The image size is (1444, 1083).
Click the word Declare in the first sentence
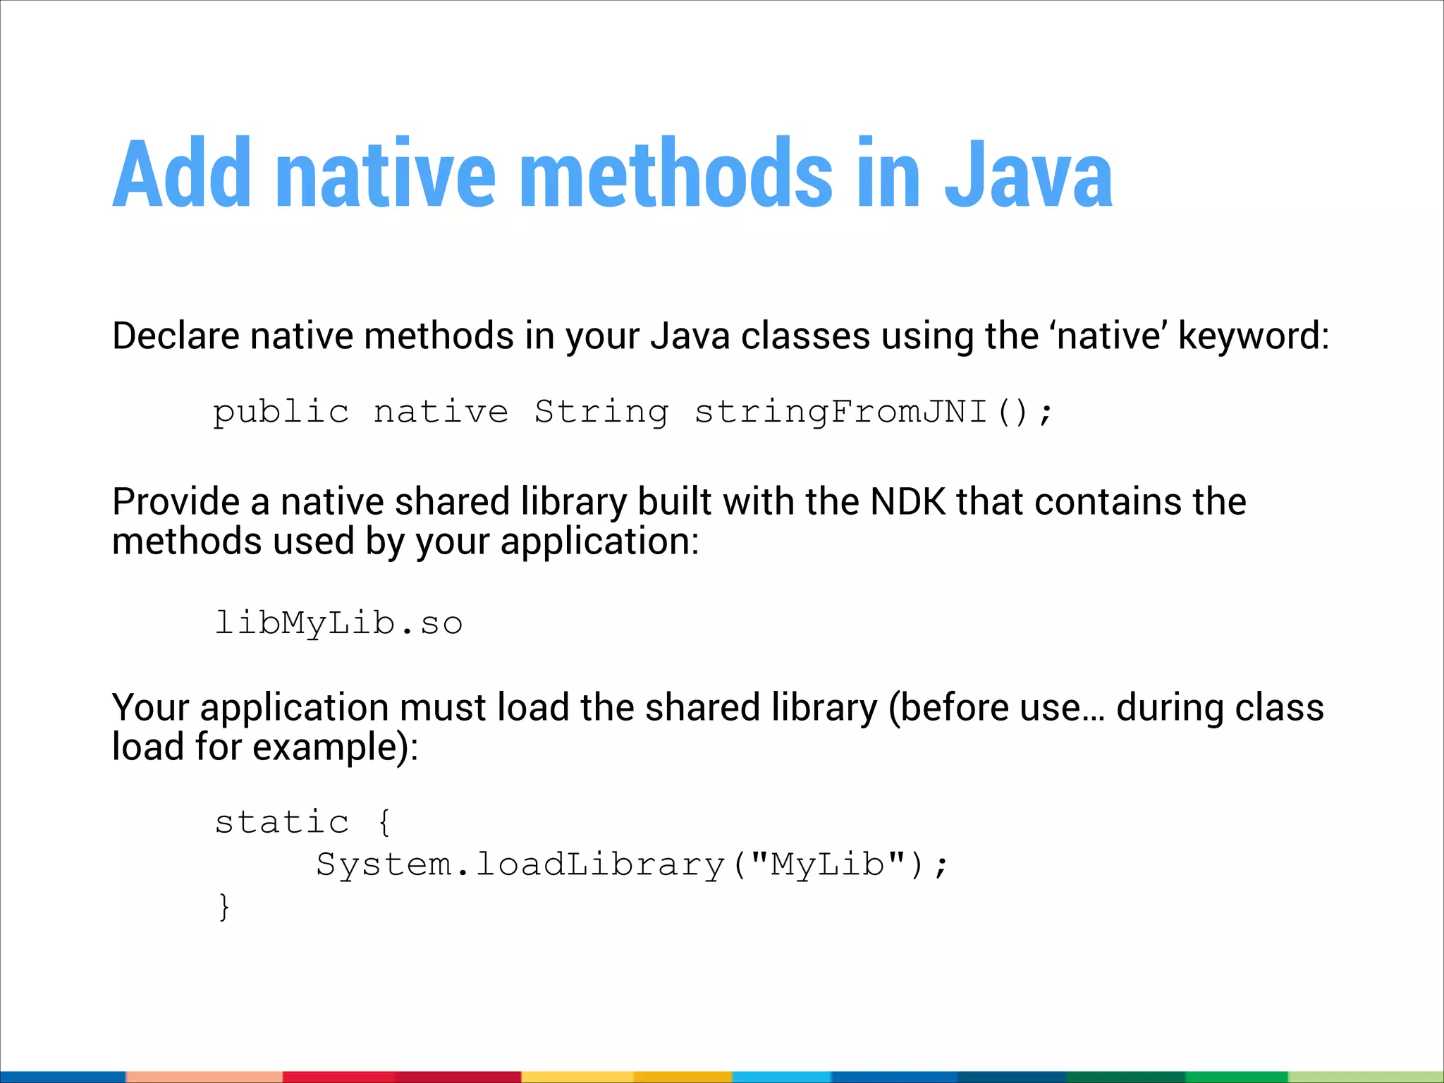tap(176, 336)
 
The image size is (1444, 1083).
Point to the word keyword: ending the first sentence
tap(1253, 337)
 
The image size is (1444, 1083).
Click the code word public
tap(281, 412)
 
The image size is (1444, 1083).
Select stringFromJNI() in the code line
tap(873, 412)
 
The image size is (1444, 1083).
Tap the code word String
tap(601, 412)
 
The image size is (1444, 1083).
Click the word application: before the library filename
tap(599, 543)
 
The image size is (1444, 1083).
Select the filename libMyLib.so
tap(338, 623)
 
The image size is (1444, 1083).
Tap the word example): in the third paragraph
tap(336, 747)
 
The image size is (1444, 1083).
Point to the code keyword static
tap(281, 822)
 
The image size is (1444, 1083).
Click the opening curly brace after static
tap(384, 823)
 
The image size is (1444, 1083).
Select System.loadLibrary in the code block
tap(520, 865)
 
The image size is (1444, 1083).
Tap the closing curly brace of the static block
tap(224, 907)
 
